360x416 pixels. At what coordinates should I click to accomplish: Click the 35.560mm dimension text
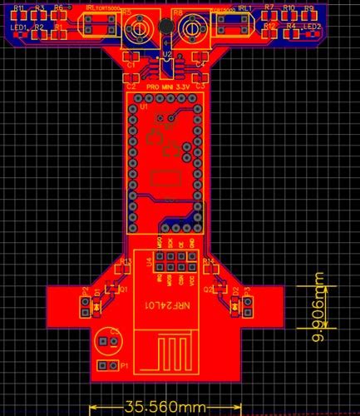pyautogui.click(x=164, y=408)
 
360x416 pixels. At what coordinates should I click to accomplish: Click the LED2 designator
pyautogui.click(x=313, y=27)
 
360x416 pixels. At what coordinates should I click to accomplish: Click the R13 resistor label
pyautogui.click(x=126, y=261)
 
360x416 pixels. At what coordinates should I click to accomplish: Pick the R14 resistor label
pyautogui.click(x=209, y=261)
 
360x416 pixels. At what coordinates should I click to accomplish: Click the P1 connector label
pyautogui.click(x=124, y=366)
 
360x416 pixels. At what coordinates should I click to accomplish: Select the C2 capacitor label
pyautogui.click(x=131, y=86)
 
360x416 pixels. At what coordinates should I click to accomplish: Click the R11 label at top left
pyautogui.click(x=18, y=7)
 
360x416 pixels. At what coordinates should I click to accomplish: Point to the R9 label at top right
pyautogui.click(x=308, y=7)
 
